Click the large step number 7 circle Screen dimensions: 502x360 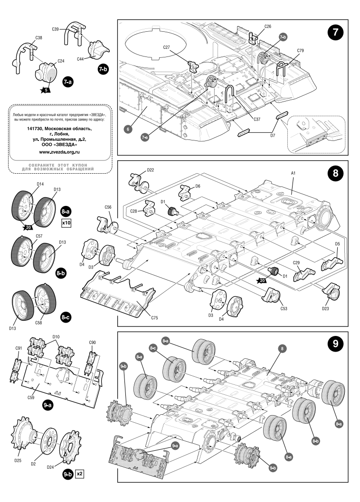click(335, 34)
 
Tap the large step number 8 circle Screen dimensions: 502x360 click(335, 174)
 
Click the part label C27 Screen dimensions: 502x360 click(166, 47)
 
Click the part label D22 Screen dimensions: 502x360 click(151, 169)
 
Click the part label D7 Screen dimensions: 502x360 click(272, 135)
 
